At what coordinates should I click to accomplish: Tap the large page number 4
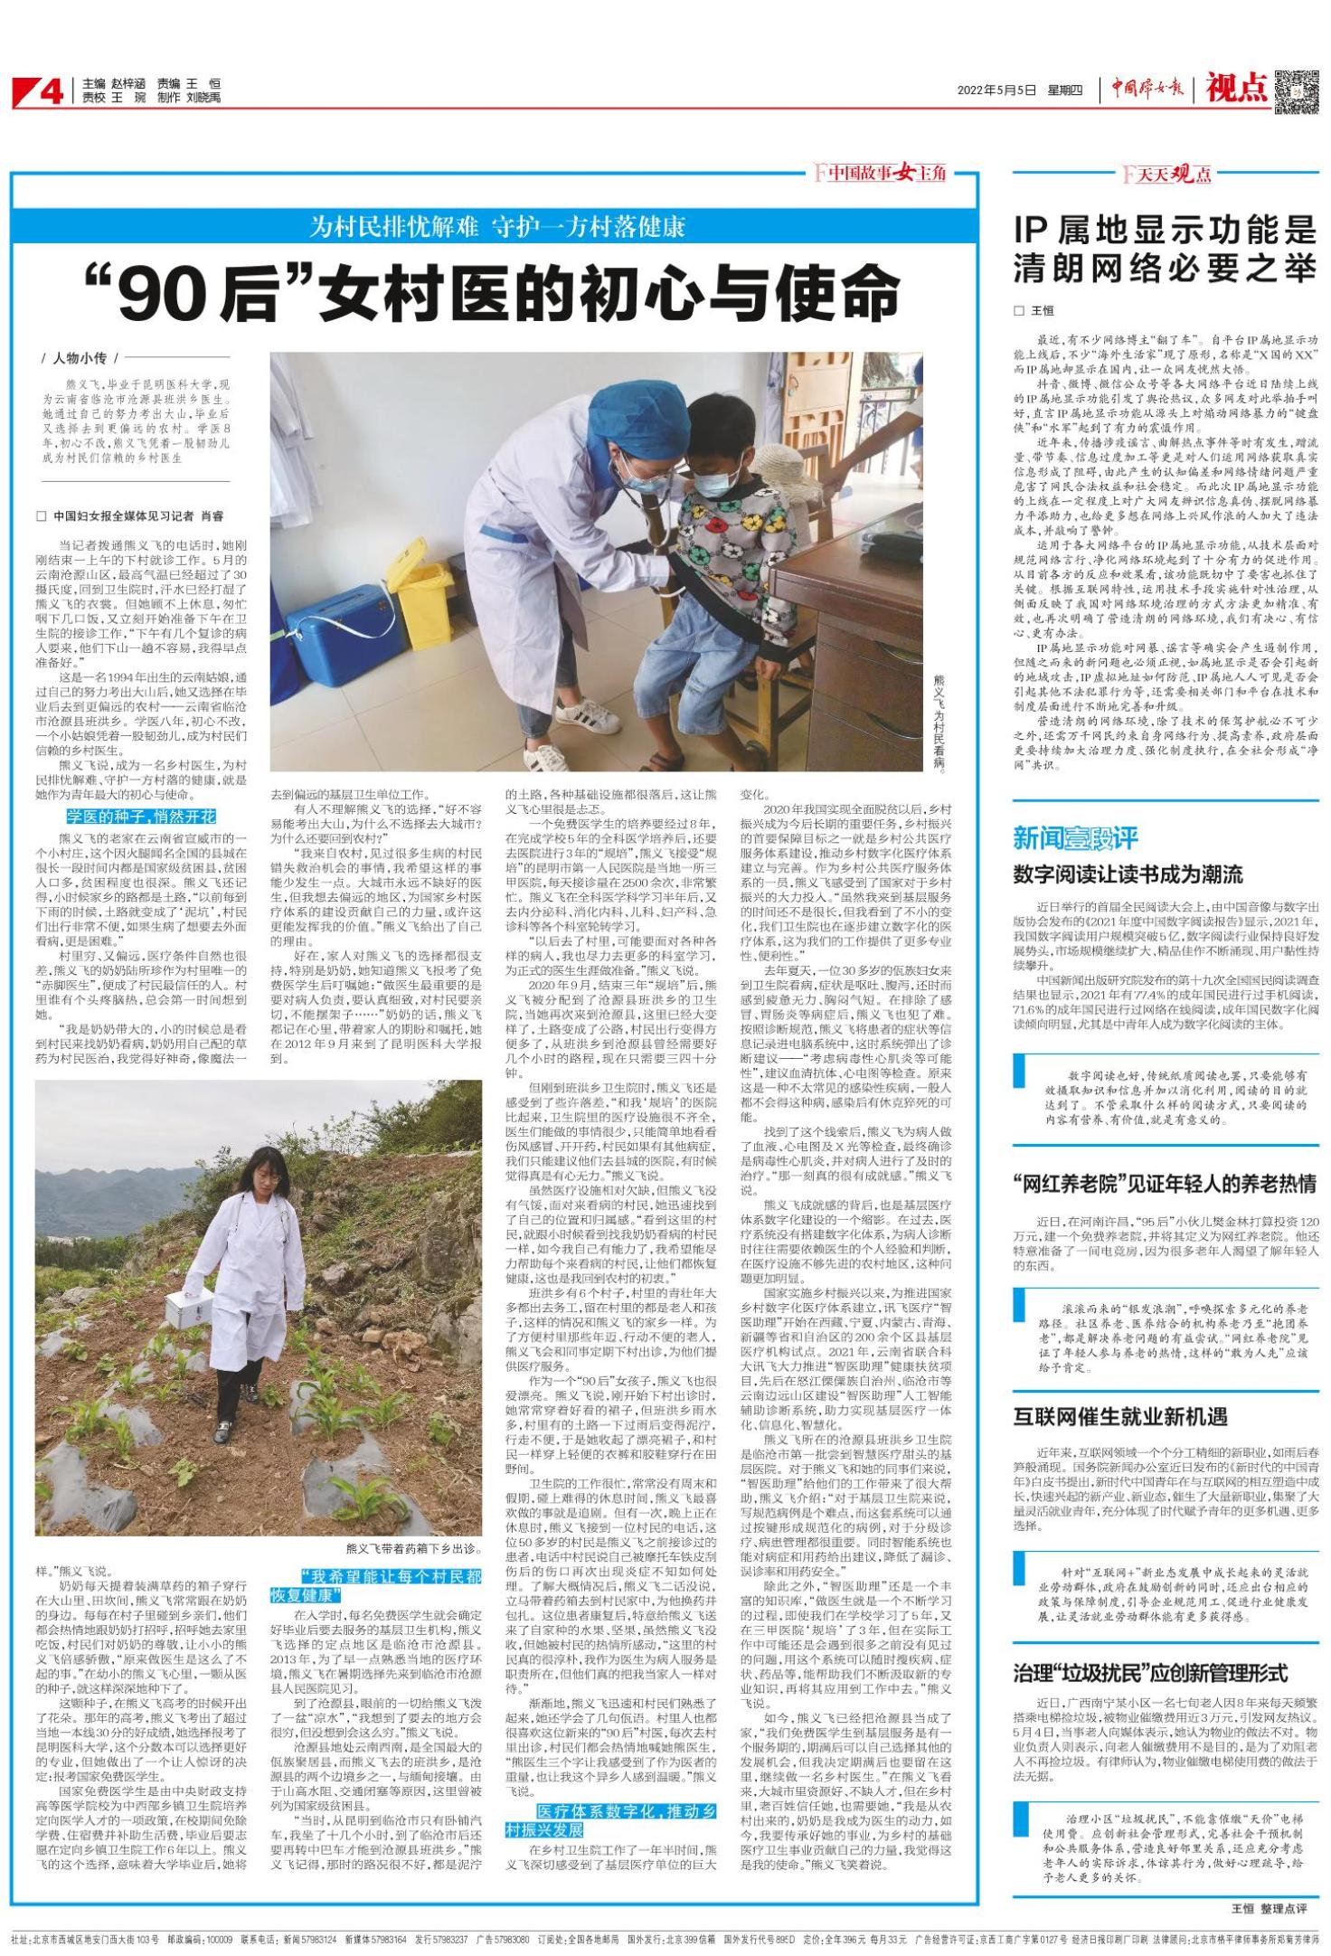(x=51, y=91)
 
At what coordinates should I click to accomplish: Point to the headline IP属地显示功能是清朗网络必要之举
(x=1165, y=250)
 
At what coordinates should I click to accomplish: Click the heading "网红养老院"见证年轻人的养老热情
(x=1165, y=1183)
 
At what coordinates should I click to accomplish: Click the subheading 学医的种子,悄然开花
(x=141, y=816)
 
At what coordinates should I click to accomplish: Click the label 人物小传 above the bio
(x=80, y=358)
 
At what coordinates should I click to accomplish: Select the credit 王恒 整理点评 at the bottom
(x=1269, y=1908)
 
